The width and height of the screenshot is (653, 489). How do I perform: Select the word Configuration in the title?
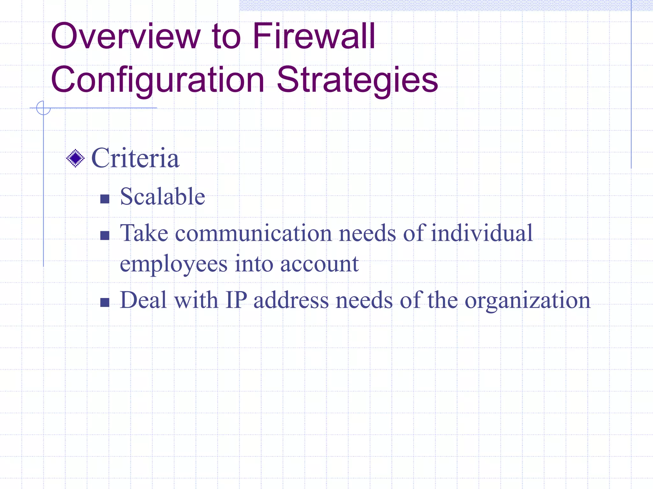click(x=158, y=80)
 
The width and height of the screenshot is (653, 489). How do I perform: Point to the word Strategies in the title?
click(x=357, y=80)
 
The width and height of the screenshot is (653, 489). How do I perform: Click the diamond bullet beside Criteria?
click(x=76, y=158)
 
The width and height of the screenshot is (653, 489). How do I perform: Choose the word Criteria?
click(x=135, y=158)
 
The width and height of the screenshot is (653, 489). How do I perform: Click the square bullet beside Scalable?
click(x=105, y=199)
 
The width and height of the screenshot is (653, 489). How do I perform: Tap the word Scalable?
click(x=162, y=196)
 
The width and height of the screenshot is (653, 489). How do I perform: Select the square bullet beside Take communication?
click(x=105, y=236)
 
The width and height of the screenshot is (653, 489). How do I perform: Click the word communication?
click(x=253, y=233)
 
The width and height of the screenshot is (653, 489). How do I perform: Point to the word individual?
click(x=481, y=233)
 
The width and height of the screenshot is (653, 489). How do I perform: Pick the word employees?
click(x=174, y=264)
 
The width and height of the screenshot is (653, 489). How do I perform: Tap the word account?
click(x=319, y=264)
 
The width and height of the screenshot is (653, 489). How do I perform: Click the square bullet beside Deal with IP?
click(x=105, y=302)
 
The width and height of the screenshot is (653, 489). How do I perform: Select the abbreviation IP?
click(x=236, y=300)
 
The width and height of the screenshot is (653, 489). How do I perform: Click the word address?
click(x=291, y=300)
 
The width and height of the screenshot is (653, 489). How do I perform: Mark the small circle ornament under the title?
click(x=43, y=108)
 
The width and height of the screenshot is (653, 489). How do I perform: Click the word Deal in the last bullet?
click(x=143, y=300)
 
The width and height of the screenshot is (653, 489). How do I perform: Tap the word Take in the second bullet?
click(x=144, y=233)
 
